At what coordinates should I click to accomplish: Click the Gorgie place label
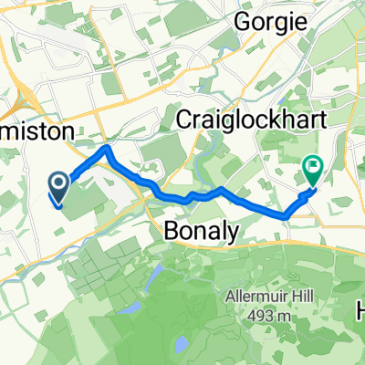pos(268,19)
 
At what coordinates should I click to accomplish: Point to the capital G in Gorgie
pos(244,19)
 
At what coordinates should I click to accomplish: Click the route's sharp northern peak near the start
pos(108,148)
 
